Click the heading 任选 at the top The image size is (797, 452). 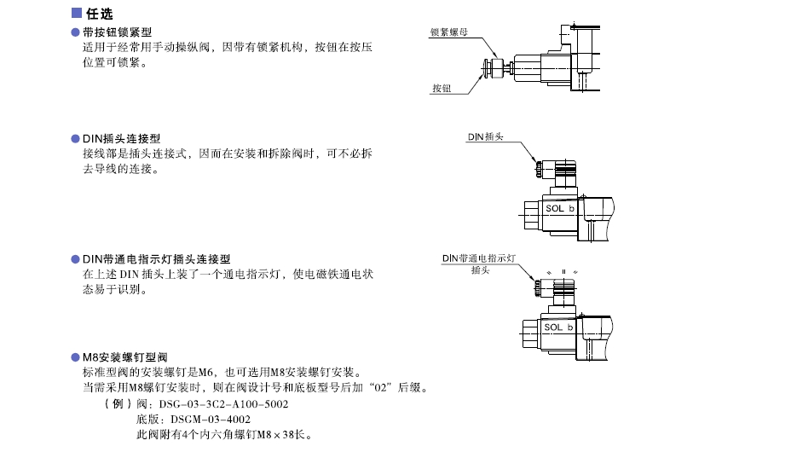click(99, 14)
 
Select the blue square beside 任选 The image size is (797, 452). click(77, 13)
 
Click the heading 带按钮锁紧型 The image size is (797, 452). click(117, 32)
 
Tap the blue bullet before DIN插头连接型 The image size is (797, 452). click(76, 139)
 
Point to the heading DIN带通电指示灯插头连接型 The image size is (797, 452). click(157, 259)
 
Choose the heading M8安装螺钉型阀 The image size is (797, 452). click(125, 357)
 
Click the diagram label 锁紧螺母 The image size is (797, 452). click(449, 32)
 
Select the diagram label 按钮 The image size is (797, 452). click(442, 89)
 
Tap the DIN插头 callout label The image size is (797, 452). click(485, 136)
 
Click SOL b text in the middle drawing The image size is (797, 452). click(560, 208)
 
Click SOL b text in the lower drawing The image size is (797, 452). click(558, 327)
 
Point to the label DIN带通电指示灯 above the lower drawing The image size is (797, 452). click(479, 258)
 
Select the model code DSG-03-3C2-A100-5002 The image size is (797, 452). click(223, 404)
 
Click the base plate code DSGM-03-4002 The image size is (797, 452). click(211, 420)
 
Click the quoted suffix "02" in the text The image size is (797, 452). click(380, 387)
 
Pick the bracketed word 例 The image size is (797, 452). click(118, 404)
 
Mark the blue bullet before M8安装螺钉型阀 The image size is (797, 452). click(76, 357)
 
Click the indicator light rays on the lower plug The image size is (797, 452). click(563, 272)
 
